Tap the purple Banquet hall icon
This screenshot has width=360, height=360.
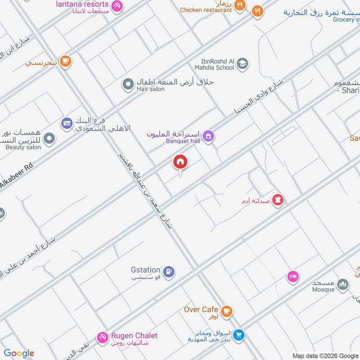coord(208,135)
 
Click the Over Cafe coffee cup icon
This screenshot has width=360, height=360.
coord(227,310)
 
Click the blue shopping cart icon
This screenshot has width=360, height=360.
coord(239,335)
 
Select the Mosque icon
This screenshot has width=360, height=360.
coord(343,284)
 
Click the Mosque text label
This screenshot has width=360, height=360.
coord(324,289)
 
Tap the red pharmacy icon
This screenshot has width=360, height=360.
coord(278,199)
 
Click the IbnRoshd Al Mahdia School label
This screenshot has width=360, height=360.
coord(218,64)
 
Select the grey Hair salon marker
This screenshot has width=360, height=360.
coord(128,84)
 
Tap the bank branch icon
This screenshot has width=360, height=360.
coord(67,123)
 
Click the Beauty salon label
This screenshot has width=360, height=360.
coord(23,147)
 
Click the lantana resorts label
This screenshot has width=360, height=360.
coord(82,4)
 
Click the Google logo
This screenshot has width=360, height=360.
coord(19,353)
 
